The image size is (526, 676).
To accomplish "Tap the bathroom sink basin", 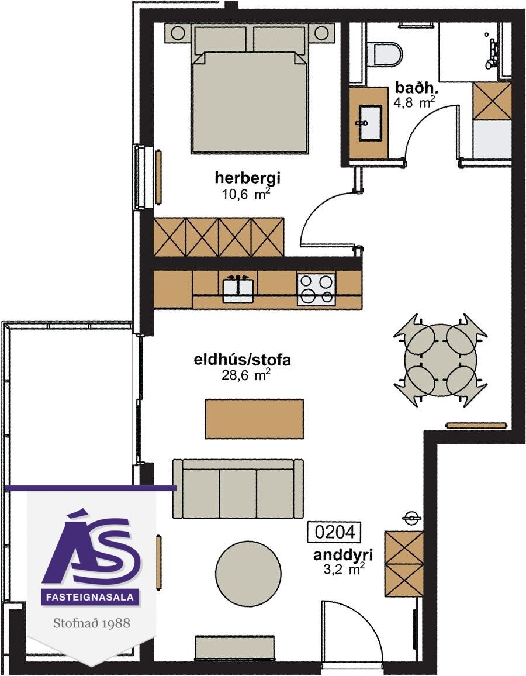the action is (370, 123).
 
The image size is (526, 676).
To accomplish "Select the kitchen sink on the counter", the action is (238, 288).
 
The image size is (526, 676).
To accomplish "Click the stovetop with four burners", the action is (316, 288).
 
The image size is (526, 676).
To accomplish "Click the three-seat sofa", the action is (238, 488).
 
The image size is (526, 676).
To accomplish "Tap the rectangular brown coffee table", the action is (254, 419).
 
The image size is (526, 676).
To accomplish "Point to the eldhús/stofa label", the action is (242, 360).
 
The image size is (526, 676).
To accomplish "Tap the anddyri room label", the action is (343, 555).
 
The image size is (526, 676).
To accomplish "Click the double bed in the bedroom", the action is (250, 89).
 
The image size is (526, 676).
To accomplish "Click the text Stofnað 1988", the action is (91, 623).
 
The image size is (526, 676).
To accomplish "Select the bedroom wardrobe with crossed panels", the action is (219, 237).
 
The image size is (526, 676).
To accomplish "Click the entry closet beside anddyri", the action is (404, 563).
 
